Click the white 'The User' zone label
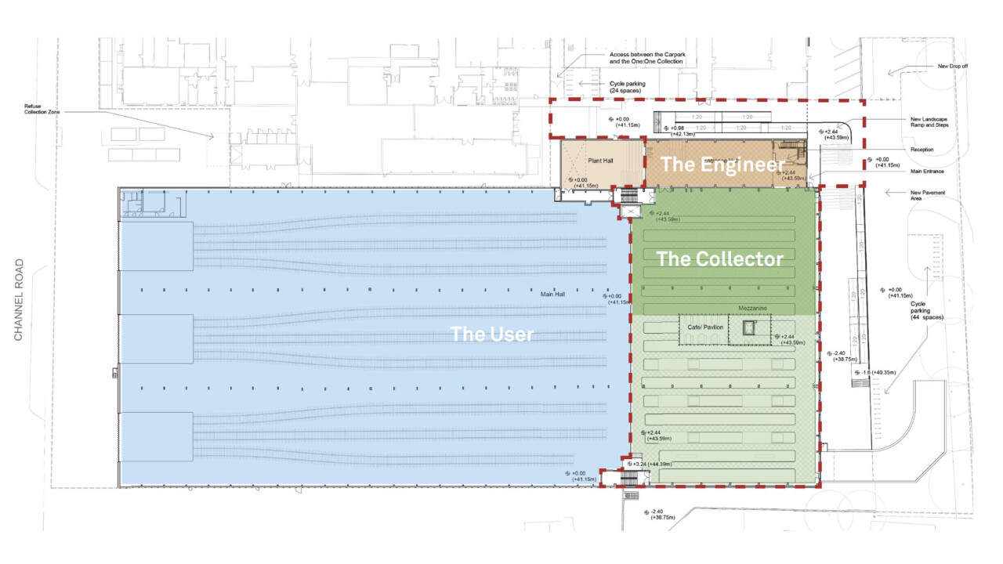491,334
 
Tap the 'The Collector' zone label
719,258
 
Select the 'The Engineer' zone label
722,164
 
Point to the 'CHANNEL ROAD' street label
20,300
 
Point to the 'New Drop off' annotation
953,66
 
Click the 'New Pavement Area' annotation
923,196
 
